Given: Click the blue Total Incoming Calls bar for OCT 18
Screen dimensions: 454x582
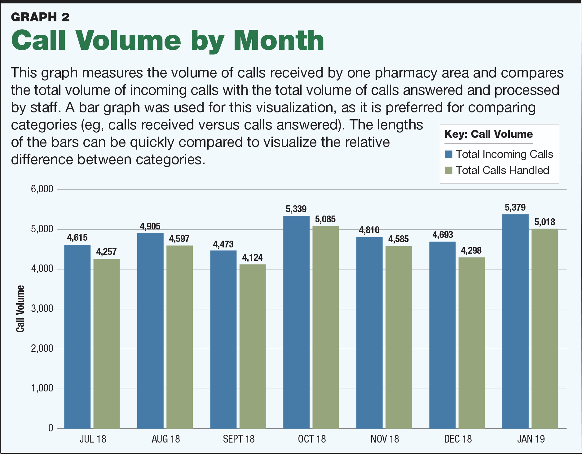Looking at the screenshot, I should (296, 322).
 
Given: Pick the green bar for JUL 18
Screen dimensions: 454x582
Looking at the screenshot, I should (107, 344).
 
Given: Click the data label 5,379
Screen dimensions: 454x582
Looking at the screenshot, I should (515, 207).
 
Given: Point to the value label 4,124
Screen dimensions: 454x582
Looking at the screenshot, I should (252, 258).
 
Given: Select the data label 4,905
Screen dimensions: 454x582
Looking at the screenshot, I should (150, 226).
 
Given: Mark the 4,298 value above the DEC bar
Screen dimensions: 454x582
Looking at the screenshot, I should (471, 251).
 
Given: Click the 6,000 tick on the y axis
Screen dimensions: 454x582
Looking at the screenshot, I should (42, 189).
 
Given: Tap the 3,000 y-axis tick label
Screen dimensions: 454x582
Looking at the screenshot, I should (42, 309).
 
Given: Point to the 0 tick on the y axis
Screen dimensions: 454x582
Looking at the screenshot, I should (51, 428).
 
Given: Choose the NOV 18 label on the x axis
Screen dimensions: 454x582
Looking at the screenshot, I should (385, 439).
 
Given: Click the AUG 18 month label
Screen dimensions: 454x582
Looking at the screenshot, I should (165, 439).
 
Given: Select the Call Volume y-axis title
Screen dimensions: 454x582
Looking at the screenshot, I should (20, 309).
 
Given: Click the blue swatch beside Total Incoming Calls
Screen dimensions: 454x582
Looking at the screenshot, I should (448, 154).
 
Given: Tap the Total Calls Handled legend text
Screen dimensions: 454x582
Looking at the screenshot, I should (502, 170).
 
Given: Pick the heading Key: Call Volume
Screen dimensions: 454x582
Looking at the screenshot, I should (488, 134).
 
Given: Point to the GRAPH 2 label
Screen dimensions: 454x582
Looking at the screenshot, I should (40, 17).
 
